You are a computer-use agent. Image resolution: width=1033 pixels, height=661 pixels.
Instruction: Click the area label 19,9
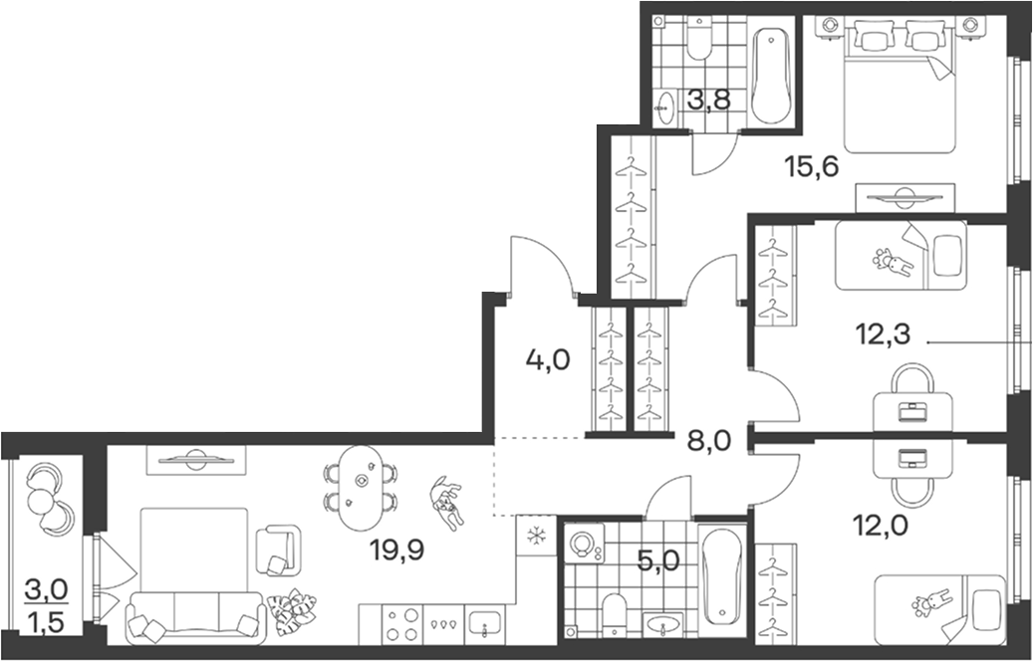click(x=396, y=550)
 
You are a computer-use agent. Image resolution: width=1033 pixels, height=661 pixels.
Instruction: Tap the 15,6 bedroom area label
click(x=812, y=166)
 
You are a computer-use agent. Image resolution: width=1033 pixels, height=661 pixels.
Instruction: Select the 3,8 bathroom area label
click(x=709, y=102)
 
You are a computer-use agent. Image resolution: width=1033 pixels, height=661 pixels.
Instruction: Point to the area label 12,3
click(x=883, y=334)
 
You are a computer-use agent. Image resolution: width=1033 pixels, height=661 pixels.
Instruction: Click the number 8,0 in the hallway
click(x=709, y=440)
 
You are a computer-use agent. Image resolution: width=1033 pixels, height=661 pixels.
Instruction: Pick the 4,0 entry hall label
click(x=548, y=360)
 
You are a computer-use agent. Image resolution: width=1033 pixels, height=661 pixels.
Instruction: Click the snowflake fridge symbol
click(x=537, y=536)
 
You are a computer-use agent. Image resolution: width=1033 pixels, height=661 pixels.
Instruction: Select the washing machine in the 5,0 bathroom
click(x=585, y=544)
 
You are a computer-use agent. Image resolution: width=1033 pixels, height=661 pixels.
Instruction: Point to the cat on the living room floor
click(x=446, y=503)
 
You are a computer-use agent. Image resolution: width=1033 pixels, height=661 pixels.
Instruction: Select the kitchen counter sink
click(x=485, y=623)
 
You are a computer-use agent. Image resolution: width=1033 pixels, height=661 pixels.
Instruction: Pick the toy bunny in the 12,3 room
click(x=893, y=262)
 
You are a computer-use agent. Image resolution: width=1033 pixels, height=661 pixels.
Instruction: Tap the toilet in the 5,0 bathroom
click(x=616, y=615)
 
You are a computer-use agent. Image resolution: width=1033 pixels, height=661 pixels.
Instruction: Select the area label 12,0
click(x=880, y=526)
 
